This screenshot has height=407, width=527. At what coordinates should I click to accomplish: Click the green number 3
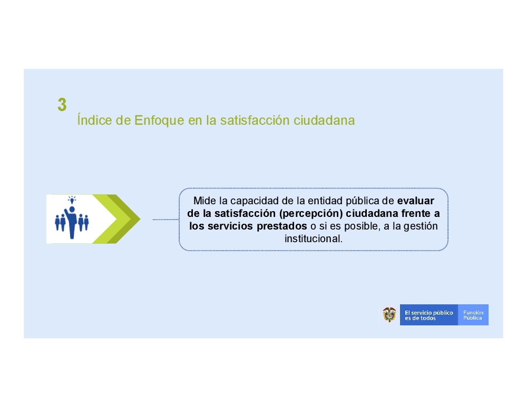tap(62, 104)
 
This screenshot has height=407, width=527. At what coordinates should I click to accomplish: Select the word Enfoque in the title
tap(159, 121)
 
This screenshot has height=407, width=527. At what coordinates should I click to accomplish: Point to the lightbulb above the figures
tap(72, 200)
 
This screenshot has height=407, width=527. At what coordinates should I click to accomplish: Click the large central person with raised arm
tap(71, 222)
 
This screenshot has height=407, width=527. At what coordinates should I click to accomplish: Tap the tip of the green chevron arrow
tap(140, 219)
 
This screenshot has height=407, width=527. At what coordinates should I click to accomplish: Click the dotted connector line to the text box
tap(165, 220)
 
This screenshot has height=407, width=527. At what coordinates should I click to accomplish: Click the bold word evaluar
tap(415, 201)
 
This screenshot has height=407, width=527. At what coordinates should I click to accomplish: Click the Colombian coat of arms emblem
tap(389, 315)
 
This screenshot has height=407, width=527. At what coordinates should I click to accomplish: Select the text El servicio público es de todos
tap(428, 315)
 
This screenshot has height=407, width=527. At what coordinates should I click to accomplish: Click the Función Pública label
tap(473, 315)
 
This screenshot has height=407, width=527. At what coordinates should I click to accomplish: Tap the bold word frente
tap(415, 214)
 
